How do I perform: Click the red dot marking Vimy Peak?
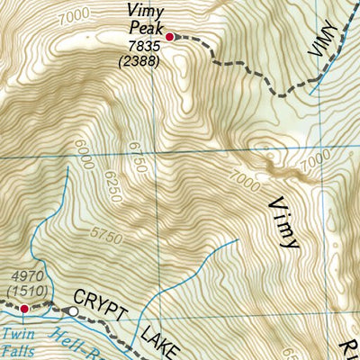169,37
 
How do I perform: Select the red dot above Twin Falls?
24,309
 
